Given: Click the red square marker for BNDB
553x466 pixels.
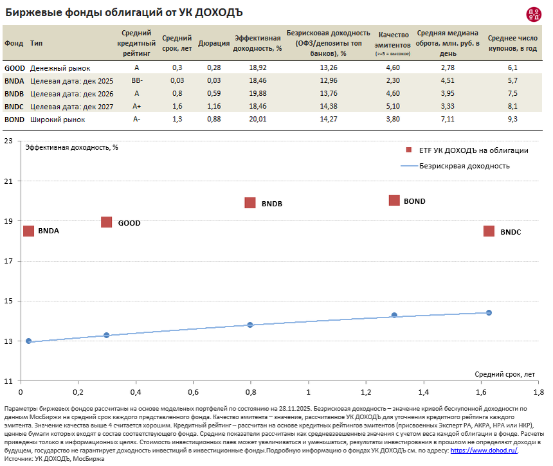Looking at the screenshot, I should tap(250, 202).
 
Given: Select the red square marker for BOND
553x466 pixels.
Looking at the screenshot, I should tap(394, 201).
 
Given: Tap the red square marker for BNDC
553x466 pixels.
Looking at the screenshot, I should tap(489, 231).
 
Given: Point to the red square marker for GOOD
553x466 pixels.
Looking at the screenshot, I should tap(107, 222).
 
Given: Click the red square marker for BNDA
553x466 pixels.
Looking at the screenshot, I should tap(28, 230).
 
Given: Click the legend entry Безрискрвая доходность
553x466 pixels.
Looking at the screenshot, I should tap(464, 166).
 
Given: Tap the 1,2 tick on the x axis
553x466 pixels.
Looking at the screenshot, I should tap(366, 392).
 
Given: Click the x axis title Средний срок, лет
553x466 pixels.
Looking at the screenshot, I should tap(505, 374).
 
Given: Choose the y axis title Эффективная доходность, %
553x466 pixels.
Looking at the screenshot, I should tap(71, 147).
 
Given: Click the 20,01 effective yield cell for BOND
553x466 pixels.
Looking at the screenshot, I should tap(257, 119).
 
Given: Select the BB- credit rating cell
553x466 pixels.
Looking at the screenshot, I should tap(136, 80).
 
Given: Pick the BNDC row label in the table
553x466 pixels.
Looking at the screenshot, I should tap(14, 106).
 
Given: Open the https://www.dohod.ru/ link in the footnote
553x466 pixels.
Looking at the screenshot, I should tap(484, 451).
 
